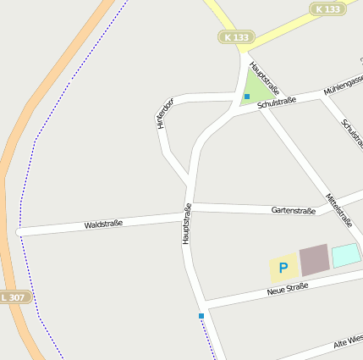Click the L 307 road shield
pyautogui.click(x=14, y=297)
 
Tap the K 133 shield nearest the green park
pyautogui.click(x=237, y=36)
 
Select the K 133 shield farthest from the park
pyautogui.click(x=327, y=8)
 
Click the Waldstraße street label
pyautogui.click(x=103, y=224)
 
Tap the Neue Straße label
pyautogui.click(x=287, y=289)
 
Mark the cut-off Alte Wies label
pyautogui.click(x=347, y=342)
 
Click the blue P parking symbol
pyautogui.click(x=283, y=268)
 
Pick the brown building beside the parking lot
pyautogui.click(x=314, y=259)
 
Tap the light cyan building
pyautogui.click(x=345, y=255)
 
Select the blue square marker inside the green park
pyautogui.click(x=247, y=97)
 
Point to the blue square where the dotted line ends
pyautogui.click(x=201, y=316)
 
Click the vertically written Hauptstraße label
pyautogui.click(x=187, y=224)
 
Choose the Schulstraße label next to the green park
pyautogui.click(x=277, y=102)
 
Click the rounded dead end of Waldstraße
pyautogui.click(x=19, y=232)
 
